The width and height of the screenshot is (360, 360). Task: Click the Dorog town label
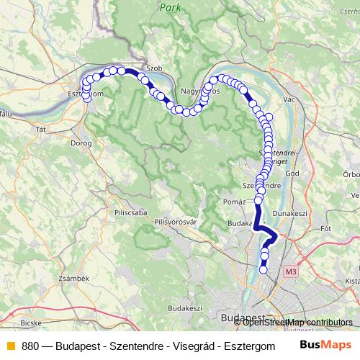tap(81, 143)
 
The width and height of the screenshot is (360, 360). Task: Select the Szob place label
tap(153, 68)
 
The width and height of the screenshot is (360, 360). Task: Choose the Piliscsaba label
tap(129, 213)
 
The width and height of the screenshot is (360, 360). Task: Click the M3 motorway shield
tap(290, 271)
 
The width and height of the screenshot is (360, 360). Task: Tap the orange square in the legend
tap(11, 346)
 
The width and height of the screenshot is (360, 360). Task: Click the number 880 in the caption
tap(30, 346)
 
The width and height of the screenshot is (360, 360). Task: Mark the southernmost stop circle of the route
tap(263, 270)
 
